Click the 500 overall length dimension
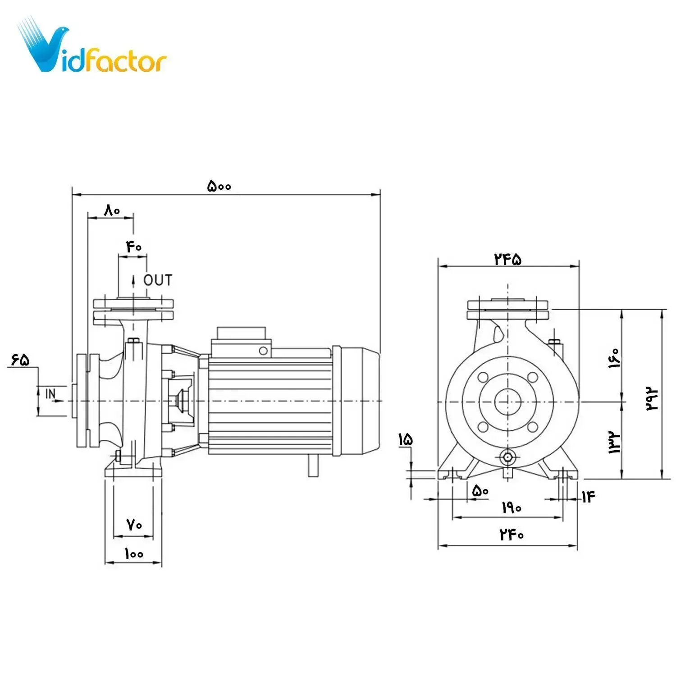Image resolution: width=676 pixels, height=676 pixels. click(219, 186)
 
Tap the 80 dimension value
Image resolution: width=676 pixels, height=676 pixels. click(112, 210)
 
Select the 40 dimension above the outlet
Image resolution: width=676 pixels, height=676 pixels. click(134, 247)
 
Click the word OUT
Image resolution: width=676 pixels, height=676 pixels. click(158, 280)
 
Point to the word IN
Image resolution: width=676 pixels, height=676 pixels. click(51, 394)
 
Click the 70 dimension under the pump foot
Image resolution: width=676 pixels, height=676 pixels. click(134, 525)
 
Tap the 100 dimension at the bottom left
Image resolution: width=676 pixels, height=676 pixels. click(134, 553)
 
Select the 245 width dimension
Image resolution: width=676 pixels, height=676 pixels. click(508, 259)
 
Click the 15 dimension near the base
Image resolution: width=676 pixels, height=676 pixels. click(405, 439)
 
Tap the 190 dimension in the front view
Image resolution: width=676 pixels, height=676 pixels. click(512, 508)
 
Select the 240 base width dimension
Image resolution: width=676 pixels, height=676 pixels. click(512, 534)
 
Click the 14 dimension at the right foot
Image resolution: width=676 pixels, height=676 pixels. click(588, 497)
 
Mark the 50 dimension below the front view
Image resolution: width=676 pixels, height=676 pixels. click(480, 491)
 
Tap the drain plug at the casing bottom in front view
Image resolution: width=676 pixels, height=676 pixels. click(508, 457)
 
